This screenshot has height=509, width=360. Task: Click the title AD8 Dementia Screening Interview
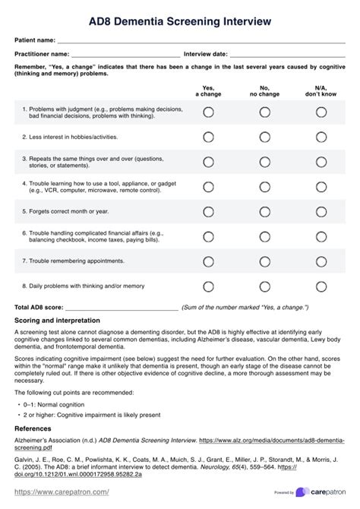180,20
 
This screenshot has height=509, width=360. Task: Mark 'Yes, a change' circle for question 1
209,112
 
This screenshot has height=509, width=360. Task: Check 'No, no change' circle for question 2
264,138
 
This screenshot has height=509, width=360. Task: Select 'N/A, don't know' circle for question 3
321,162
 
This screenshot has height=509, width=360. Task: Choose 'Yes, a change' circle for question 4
209,186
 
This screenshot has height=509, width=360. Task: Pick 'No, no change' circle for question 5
264,211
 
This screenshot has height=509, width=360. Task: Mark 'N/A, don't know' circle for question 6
321,236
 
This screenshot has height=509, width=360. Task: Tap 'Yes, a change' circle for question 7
209,261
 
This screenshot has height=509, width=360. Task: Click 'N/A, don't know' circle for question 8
321,286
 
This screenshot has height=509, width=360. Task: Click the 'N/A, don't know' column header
321,91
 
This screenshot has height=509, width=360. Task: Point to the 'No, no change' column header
264,91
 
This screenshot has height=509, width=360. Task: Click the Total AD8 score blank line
122,308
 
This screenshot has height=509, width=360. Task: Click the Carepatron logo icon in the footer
302,492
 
